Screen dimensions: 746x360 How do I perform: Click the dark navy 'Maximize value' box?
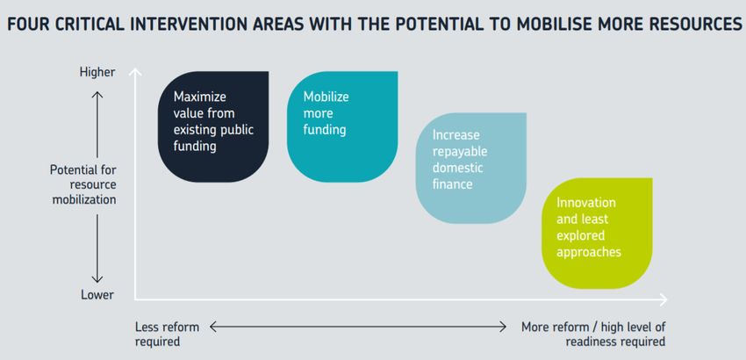(x=213, y=126)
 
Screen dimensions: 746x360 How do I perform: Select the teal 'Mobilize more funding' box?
(x=342, y=126)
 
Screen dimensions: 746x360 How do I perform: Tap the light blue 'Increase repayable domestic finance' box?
(x=471, y=168)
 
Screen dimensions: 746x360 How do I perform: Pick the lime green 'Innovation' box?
(x=597, y=234)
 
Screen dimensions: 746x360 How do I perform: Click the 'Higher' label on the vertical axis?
(x=97, y=72)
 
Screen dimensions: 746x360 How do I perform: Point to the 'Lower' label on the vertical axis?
(x=97, y=295)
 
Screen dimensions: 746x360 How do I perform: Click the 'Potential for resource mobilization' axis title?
(x=83, y=184)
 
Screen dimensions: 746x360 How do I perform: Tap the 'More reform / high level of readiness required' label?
(x=593, y=335)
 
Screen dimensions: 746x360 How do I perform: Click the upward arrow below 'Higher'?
(x=97, y=125)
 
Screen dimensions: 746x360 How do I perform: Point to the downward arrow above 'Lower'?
(x=97, y=248)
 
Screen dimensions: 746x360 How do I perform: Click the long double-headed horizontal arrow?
(x=358, y=327)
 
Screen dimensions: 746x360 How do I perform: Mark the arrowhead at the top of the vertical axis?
(x=135, y=71)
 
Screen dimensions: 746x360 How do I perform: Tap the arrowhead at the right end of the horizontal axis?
(x=664, y=299)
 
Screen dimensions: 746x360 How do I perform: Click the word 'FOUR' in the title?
(x=28, y=25)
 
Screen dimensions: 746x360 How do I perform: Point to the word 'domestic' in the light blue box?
(x=457, y=168)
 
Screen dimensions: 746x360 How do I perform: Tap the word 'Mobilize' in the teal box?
(x=326, y=97)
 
